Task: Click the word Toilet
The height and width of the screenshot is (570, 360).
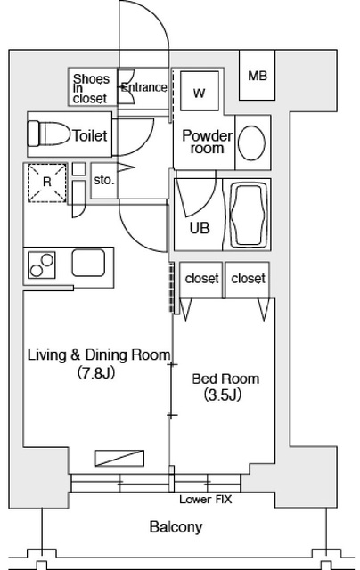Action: (x=90, y=136)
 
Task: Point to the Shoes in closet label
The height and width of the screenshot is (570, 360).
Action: (x=90, y=87)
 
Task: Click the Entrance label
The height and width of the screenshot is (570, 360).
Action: (x=143, y=87)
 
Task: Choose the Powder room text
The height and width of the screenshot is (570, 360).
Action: (x=207, y=142)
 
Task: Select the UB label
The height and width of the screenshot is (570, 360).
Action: (x=200, y=227)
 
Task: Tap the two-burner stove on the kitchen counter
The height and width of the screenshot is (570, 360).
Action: (x=41, y=265)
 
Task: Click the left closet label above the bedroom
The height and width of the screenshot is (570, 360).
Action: (x=201, y=279)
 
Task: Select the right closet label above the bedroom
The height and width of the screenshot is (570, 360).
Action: (x=249, y=279)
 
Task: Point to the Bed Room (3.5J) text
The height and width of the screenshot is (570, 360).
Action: (x=218, y=385)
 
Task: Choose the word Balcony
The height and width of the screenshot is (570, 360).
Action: (x=175, y=526)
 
